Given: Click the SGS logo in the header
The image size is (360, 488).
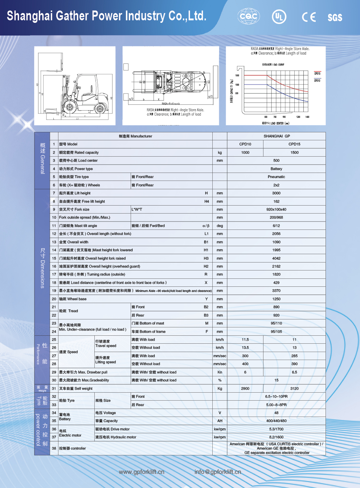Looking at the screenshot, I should [335, 17].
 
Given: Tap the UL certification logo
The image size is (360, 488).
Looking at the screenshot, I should [279, 17].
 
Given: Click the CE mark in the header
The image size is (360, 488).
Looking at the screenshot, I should [309, 17].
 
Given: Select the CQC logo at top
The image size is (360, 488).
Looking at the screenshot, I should [249, 16].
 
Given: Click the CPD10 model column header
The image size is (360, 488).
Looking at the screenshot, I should [245, 144].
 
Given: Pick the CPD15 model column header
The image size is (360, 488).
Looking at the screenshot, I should [294, 144].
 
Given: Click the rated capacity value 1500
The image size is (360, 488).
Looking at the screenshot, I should [294, 153].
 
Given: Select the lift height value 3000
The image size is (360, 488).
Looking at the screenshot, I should [276, 193].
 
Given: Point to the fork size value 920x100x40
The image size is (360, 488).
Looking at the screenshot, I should [276, 210].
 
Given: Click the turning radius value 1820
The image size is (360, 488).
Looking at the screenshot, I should [276, 274].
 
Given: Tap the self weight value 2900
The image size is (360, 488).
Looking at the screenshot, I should [245, 389].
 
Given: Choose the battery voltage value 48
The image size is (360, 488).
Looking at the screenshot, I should [276, 413].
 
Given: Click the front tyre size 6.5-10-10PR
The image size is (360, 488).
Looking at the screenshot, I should [276, 397].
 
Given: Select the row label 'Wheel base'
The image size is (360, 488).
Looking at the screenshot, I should [73, 299].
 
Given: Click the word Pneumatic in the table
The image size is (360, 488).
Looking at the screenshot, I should [276, 177].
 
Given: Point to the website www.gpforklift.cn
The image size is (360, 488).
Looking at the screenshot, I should [142, 472].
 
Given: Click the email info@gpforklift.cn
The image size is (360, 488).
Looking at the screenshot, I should [218, 472].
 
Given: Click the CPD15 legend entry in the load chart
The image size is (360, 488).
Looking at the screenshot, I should [317, 74].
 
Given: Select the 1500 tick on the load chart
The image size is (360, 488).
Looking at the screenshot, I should [237, 75].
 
